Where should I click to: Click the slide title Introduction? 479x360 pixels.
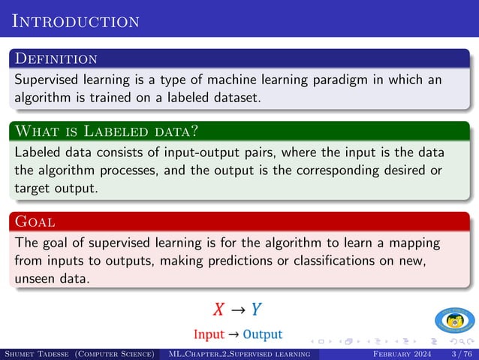[76, 20]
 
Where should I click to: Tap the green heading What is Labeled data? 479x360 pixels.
[106, 132]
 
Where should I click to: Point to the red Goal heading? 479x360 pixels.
[35, 222]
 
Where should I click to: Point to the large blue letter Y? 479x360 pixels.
[256, 310]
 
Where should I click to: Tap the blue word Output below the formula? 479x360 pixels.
[263, 334]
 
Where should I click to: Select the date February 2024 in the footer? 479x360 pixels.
[402, 354]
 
